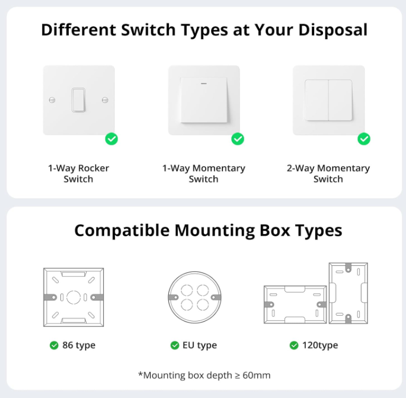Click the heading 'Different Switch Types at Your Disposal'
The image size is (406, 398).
coord(204,30)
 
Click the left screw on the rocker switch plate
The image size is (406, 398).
coord(52,99)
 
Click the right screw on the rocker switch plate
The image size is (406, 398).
coord(105,99)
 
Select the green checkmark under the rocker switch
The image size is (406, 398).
coord(111,139)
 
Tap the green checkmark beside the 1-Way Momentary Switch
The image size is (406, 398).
coord(238,139)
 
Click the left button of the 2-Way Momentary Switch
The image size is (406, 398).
coord(317,99)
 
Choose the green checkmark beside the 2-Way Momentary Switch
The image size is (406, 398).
coord(364,139)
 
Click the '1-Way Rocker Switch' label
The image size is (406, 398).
coord(78,174)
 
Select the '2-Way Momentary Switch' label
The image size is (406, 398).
coord(328,174)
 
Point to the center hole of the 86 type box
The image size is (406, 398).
coord(72,296)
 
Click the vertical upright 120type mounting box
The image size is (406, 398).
coord(348,293)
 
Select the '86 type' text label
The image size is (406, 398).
coord(78,345)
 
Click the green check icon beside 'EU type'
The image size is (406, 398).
coord(175,345)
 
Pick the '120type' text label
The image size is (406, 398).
coord(320,345)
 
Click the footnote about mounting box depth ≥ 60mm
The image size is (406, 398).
coord(204,375)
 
